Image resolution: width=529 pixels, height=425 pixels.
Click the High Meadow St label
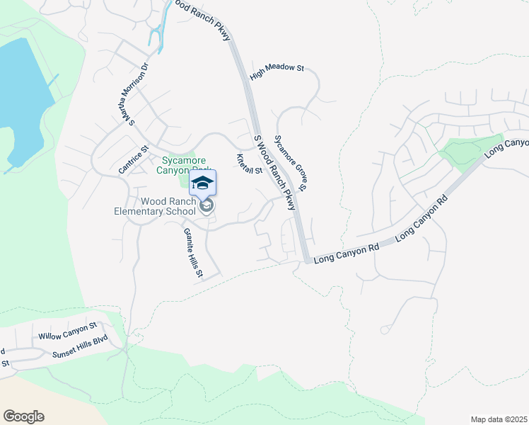pos(281,68)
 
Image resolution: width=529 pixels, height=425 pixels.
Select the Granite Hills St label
pos(193,252)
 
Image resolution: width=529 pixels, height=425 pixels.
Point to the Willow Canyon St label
pos(67,331)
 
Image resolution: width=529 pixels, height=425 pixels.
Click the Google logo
pos(23,416)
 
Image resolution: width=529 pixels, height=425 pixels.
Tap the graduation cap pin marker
pos(202,183)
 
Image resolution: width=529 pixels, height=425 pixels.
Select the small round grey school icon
pos(206,207)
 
